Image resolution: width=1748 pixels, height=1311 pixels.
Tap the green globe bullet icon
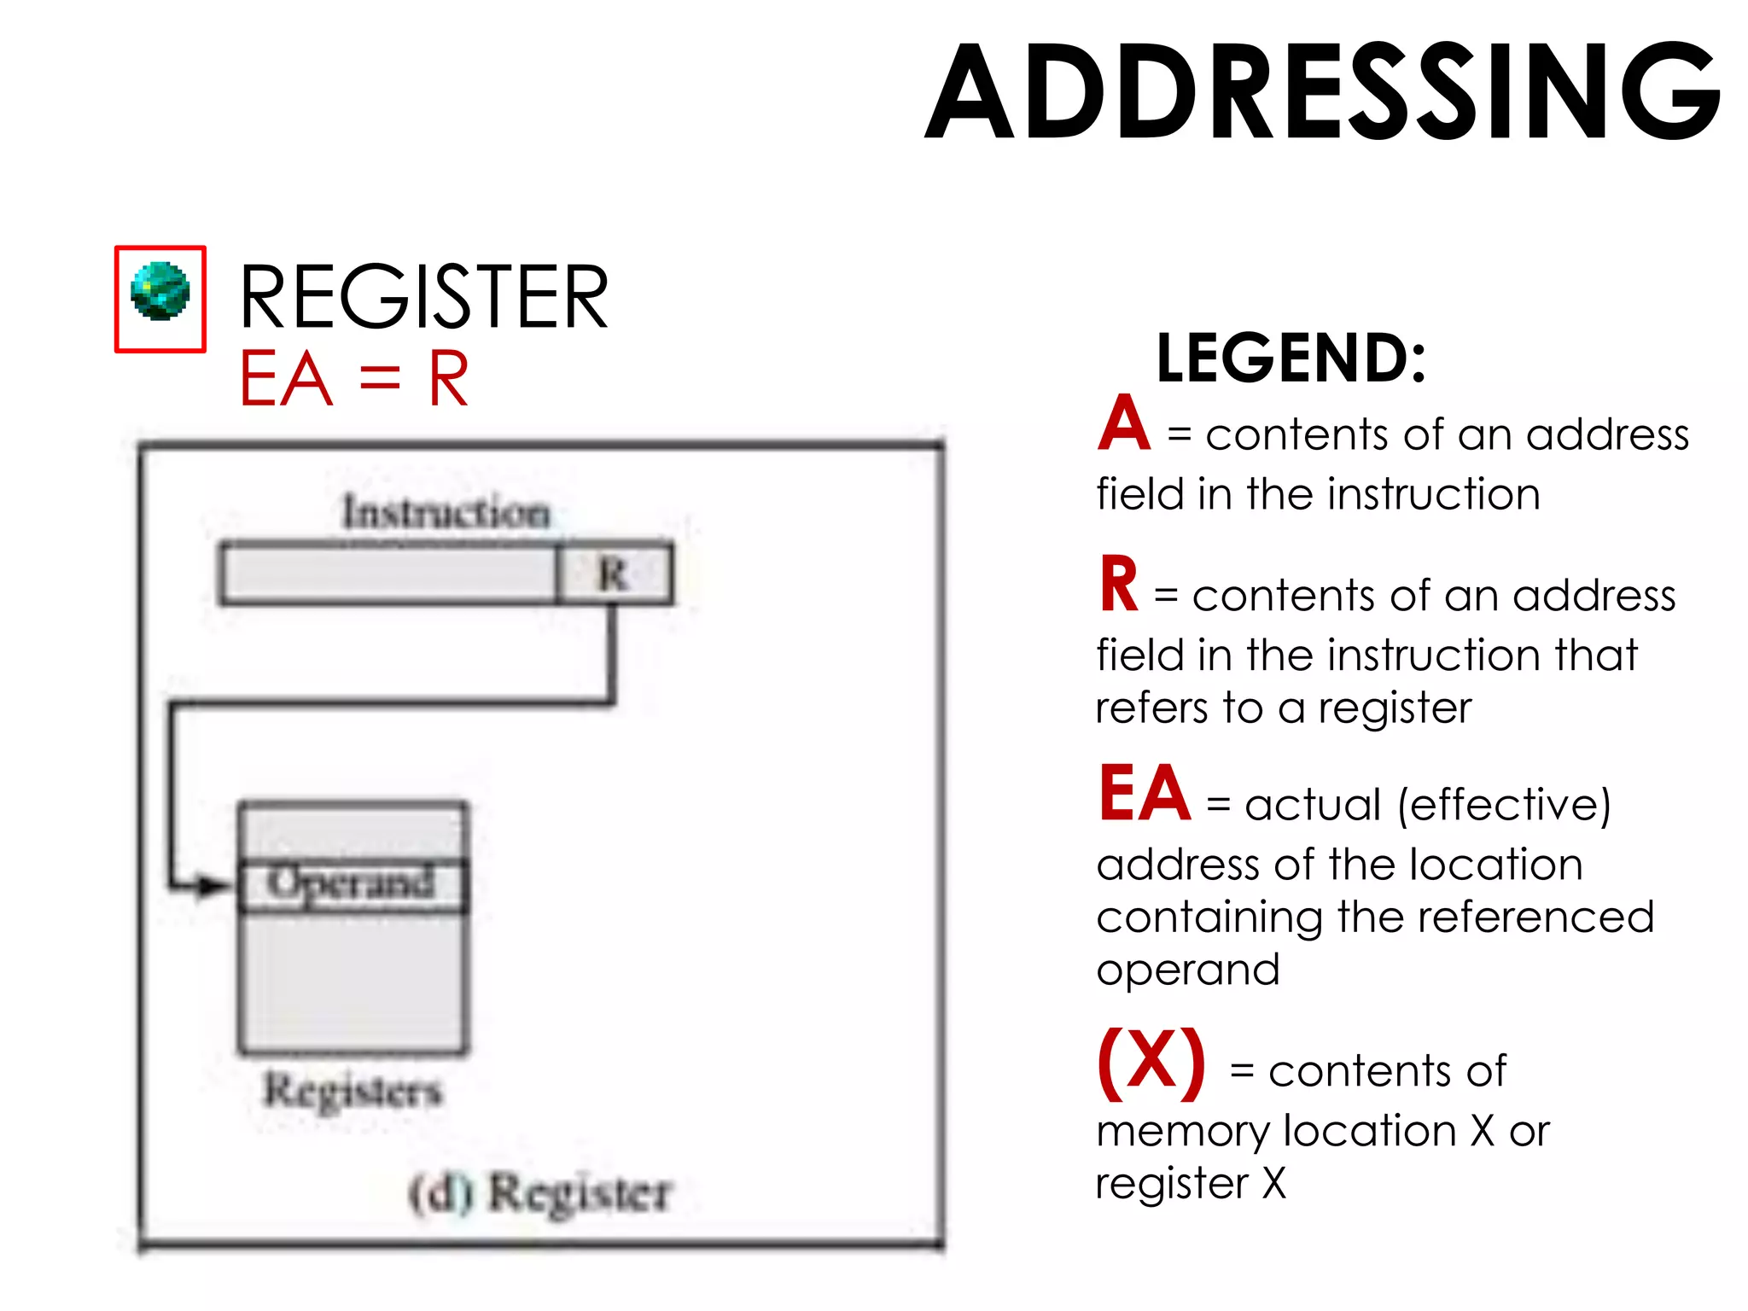[160, 292]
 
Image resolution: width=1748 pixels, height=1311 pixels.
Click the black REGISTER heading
[423, 297]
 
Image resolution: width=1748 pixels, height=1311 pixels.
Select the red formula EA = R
[354, 379]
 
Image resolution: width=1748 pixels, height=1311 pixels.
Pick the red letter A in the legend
[1124, 424]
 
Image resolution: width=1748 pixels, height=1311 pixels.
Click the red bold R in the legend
[1119, 586]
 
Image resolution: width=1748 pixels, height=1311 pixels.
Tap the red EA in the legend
[1145, 794]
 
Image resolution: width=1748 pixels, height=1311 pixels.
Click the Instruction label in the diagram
[446, 513]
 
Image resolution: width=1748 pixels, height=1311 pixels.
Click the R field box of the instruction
[614, 574]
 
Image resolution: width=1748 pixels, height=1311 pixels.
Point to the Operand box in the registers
[353, 884]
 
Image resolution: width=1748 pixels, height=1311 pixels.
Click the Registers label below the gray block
[353, 1091]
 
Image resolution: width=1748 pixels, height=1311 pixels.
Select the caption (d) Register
[540, 1193]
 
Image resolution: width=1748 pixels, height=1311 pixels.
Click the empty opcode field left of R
[388, 574]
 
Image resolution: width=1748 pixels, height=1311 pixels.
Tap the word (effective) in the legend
[1504, 805]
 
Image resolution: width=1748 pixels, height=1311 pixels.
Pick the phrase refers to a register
[1284, 708]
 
